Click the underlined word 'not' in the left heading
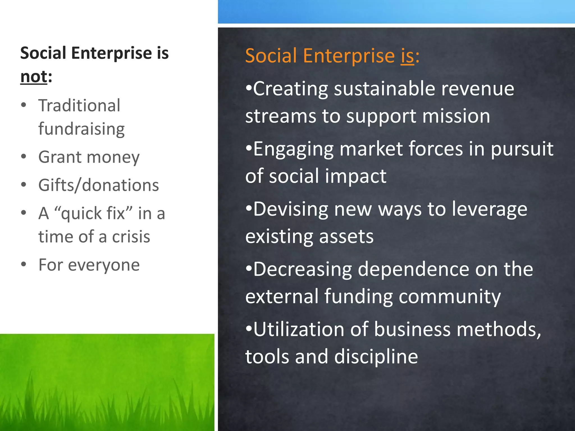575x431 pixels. click(x=34, y=77)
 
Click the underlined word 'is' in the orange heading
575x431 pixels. click(x=407, y=56)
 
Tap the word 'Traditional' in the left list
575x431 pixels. click(x=79, y=106)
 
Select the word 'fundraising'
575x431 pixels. click(x=81, y=129)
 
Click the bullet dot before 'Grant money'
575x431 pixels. click(x=24, y=156)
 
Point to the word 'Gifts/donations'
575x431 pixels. click(x=99, y=185)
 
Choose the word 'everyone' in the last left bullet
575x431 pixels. click(x=104, y=265)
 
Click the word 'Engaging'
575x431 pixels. click(x=293, y=149)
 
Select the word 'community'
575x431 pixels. click(x=449, y=297)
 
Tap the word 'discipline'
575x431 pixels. click(x=376, y=357)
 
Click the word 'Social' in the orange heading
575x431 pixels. click(x=271, y=56)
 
